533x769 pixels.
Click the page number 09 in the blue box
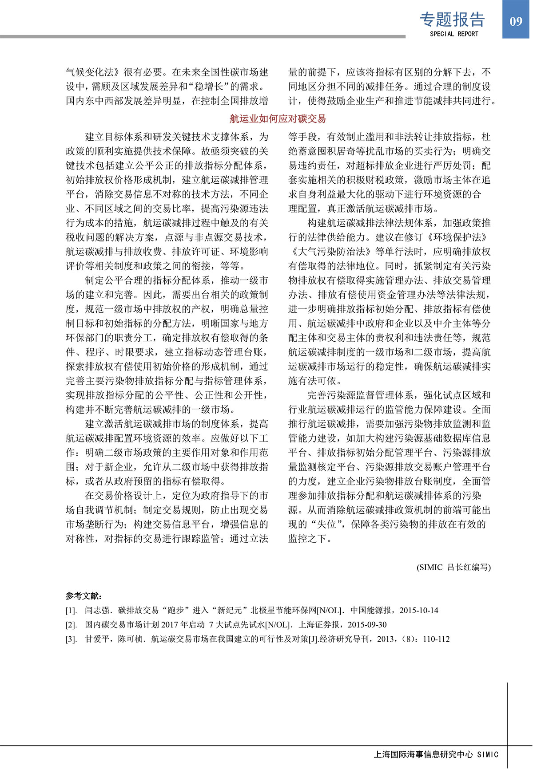[516, 21]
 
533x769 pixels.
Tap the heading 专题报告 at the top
[452, 19]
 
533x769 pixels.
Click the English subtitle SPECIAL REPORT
[453, 34]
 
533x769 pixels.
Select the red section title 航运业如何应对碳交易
[278, 118]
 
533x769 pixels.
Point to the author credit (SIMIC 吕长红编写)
[453, 567]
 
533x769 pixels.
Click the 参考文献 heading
[84, 596]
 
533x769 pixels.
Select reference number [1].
[71, 611]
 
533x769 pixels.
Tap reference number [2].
[71, 625]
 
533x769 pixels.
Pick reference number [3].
[71, 639]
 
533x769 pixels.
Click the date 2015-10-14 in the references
[418, 611]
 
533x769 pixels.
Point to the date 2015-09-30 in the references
[367, 625]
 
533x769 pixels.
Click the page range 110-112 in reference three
[436, 639]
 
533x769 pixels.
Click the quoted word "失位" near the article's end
[326, 524]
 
